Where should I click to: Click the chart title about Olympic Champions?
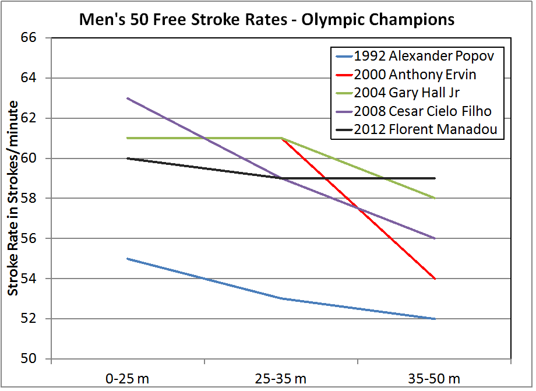[267, 19]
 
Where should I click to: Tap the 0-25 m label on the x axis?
[128, 379]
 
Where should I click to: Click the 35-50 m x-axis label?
[435, 379]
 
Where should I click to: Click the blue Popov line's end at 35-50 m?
[435, 319]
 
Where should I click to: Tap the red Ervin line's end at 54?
[435, 279]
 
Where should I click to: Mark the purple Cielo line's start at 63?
[128, 98]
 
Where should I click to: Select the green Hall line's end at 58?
[435, 198]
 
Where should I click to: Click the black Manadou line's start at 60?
[128, 158]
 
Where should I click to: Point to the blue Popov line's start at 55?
[128, 259]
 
